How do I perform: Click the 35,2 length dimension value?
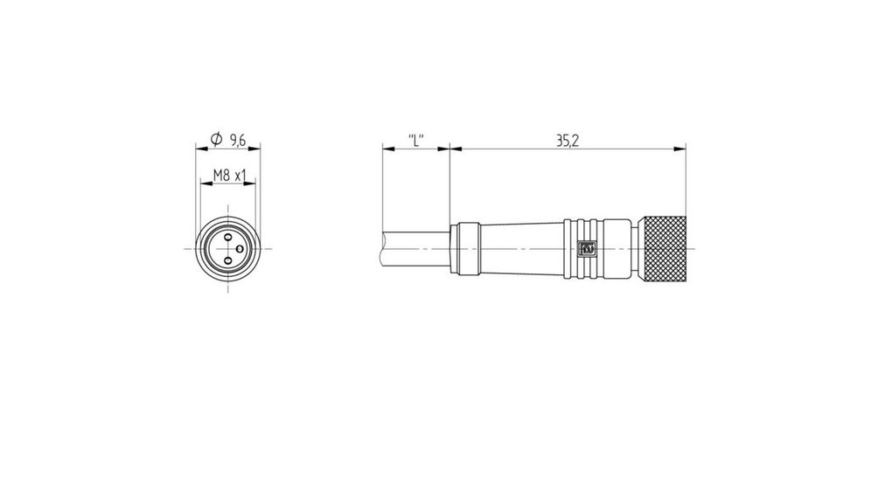pos(566,140)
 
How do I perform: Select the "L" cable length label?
pos(416,140)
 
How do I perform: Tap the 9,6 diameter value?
pos(237,140)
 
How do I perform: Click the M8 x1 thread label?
pos(228,176)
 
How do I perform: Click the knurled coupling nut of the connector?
pos(661,248)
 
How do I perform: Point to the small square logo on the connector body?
pos(588,249)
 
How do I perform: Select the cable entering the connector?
pos(411,248)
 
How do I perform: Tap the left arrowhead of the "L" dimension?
pos(387,149)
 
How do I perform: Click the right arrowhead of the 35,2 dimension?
pos(680,149)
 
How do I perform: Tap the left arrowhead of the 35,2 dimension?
pos(454,149)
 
